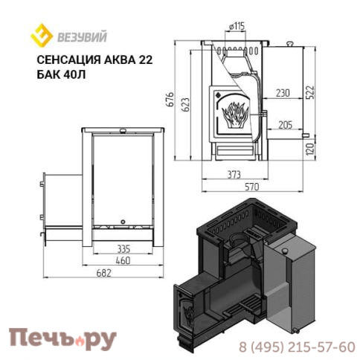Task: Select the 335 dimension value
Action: point(123,248)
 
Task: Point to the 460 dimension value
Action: point(123,260)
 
